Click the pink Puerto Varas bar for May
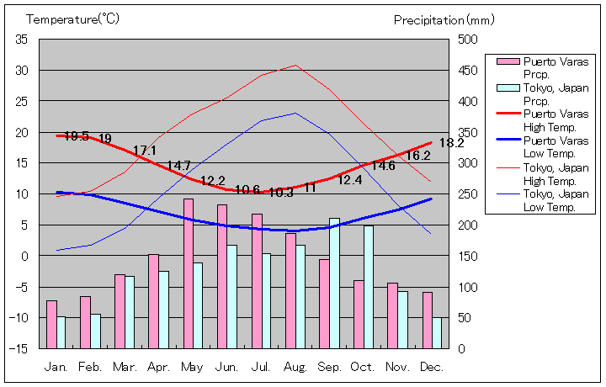[x=189, y=273]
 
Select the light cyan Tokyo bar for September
[x=335, y=283]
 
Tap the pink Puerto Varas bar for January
[x=51, y=324]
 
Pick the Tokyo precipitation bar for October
[x=369, y=286]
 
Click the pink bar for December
[x=428, y=320]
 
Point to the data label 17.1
[x=145, y=151]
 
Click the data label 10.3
[x=280, y=193]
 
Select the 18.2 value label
[x=451, y=143]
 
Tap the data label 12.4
[x=350, y=180]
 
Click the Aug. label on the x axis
[x=295, y=367]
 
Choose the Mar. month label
[x=125, y=367]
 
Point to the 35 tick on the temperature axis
[x=22, y=40]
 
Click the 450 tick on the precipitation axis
[x=468, y=71]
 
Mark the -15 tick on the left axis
[x=19, y=348]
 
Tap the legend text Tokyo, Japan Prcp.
[x=555, y=93]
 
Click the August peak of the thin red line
[x=295, y=65]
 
